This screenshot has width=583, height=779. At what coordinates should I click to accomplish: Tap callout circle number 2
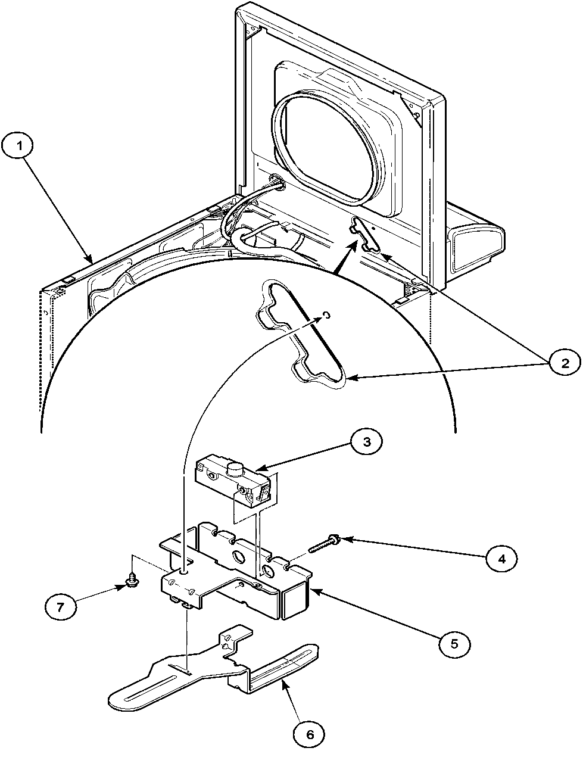tap(562, 362)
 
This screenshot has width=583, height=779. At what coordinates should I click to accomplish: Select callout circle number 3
tap(367, 441)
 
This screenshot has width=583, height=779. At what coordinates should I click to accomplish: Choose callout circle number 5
tap(454, 643)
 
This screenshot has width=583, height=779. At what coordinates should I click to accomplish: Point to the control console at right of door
tap(474, 238)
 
